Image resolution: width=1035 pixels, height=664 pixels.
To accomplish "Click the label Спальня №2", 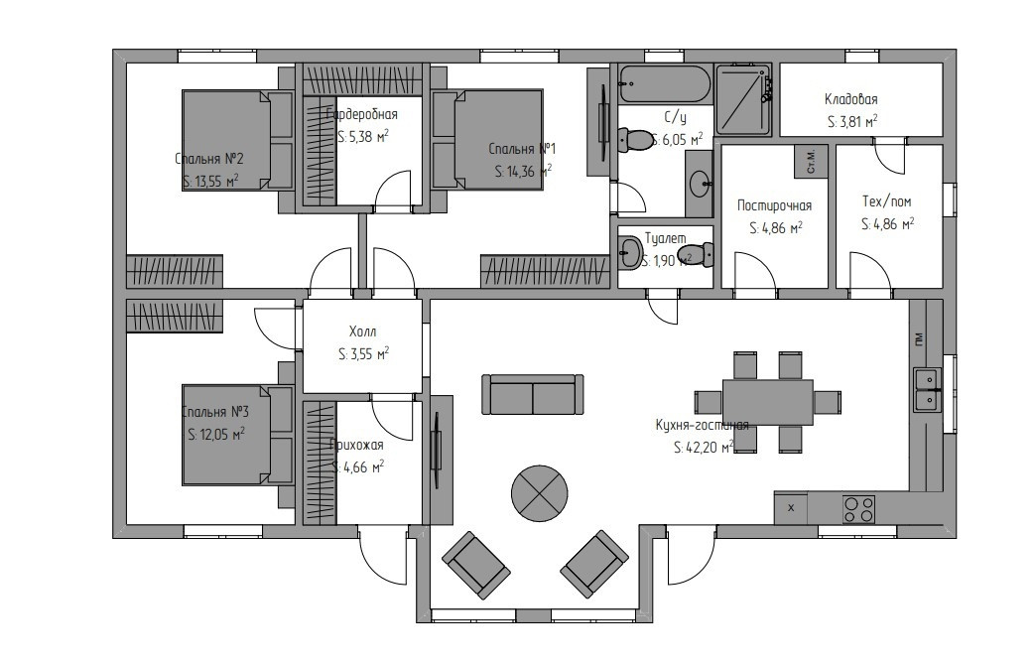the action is pos(209,159).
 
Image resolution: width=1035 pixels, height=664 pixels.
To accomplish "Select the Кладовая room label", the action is pos(850,99).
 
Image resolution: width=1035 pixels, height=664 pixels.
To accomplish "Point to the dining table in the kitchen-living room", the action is pos(767,401).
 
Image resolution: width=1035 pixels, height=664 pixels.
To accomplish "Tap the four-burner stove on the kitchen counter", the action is pos(858,509).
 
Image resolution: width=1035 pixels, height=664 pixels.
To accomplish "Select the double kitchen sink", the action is pos(927,388).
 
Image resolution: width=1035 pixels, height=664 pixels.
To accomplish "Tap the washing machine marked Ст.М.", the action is pos(811,161).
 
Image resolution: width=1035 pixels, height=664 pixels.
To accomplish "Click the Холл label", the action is pos(362,332).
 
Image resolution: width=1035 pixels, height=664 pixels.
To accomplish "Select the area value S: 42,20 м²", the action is pos(702,448).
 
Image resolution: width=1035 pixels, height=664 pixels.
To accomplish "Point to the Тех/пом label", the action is pos(886,201).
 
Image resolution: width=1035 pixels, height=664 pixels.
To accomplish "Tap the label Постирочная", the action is pos(774,205).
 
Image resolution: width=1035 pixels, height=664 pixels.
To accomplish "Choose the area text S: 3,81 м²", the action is pos(851,122).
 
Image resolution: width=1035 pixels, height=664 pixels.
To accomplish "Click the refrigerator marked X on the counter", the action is pos(792,508).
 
